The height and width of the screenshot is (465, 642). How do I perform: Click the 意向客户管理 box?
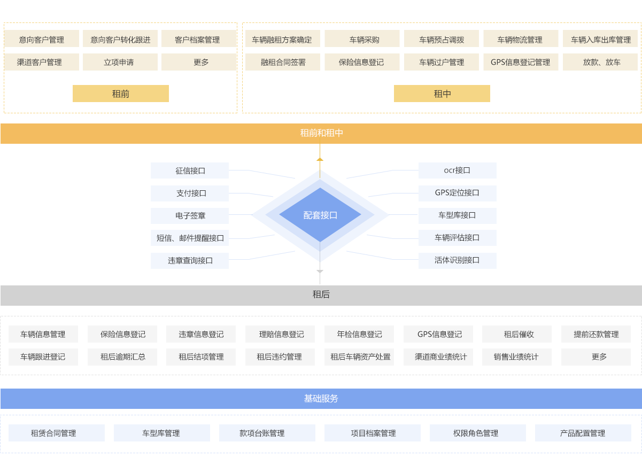click(42, 40)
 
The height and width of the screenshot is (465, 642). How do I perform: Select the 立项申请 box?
click(119, 62)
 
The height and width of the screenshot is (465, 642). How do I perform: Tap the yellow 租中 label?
click(442, 94)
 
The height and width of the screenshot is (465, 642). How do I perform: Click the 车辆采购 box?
click(362, 40)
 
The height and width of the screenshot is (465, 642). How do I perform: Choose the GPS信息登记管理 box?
click(520, 62)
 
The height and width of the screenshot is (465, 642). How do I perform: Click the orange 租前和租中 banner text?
click(321, 133)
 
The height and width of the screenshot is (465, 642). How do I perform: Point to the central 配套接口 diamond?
click(320, 215)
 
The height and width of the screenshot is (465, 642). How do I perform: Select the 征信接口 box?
click(190, 170)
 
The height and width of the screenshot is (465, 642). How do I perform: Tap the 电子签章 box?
click(190, 215)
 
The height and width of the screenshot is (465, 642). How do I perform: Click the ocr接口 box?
click(457, 170)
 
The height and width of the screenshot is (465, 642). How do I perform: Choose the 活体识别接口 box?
click(457, 260)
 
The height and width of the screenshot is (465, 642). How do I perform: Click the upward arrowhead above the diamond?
click(320, 159)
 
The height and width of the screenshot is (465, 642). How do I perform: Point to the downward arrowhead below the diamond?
click(320, 272)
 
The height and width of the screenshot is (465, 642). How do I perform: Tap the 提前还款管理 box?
click(595, 334)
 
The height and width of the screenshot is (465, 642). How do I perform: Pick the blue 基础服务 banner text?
click(321, 399)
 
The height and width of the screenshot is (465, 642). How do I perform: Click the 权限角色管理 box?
click(477, 433)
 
